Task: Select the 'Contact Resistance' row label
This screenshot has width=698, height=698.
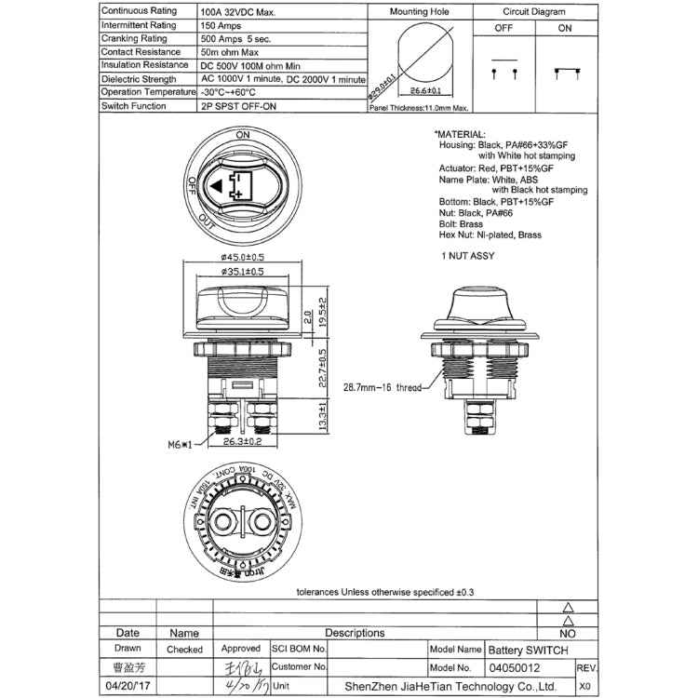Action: [138, 52]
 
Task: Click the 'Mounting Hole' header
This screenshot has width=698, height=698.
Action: [420, 13]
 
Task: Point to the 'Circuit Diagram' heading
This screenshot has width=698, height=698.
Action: [535, 13]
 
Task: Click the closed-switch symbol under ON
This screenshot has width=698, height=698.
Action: [565, 71]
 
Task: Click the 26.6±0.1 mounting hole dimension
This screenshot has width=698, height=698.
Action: [425, 91]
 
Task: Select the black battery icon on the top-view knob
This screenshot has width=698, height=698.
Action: [235, 186]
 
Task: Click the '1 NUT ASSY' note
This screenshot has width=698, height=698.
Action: [468, 255]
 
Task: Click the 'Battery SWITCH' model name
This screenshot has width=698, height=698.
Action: [528, 650]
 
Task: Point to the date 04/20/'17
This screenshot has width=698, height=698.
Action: [128, 686]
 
